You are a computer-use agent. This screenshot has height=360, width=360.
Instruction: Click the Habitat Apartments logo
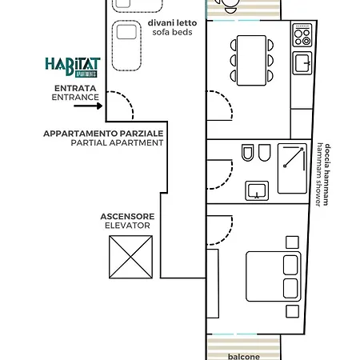pyautogui.click(x=73, y=66)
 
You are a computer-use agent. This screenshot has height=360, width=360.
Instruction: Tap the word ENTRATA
pyautogui.click(x=76, y=87)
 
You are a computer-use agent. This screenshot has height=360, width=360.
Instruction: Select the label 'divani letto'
pyautogui.click(x=170, y=23)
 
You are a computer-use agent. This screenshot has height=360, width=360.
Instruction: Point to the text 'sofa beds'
pyautogui.click(x=170, y=33)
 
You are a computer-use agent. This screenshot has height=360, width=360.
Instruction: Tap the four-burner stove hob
pyautogui.click(x=302, y=36)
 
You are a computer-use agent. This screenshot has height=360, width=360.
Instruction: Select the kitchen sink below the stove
pyautogui.click(x=302, y=62)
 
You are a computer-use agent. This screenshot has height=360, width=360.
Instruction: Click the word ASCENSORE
pyautogui.click(x=127, y=216)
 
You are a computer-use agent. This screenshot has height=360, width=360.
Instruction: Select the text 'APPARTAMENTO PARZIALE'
pyautogui.click(x=104, y=133)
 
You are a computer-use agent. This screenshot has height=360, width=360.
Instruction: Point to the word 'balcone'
pyautogui.click(x=244, y=356)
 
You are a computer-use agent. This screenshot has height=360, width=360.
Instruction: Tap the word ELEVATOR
pyautogui.click(x=127, y=226)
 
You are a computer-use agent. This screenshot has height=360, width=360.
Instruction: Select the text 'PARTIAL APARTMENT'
pyautogui.click(x=116, y=142)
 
